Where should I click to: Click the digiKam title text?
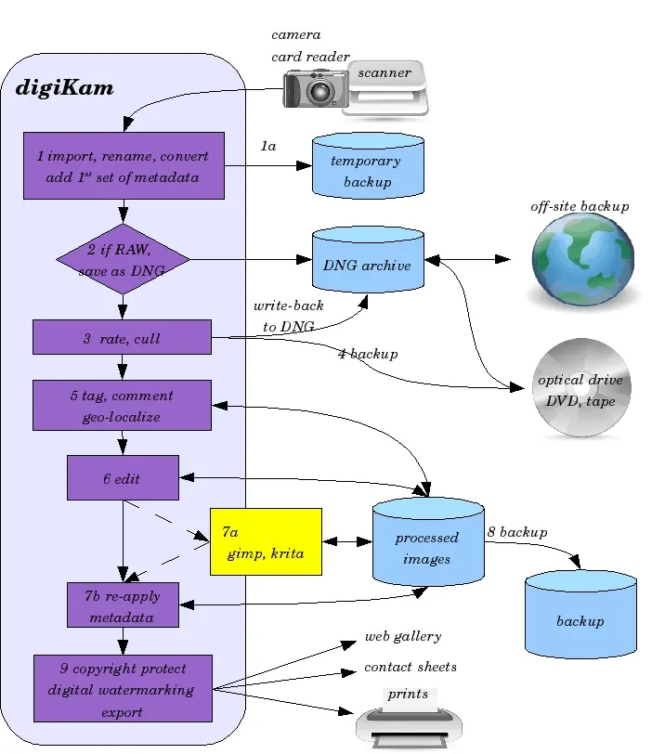coord(65,89)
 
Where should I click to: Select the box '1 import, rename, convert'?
coord(124,166)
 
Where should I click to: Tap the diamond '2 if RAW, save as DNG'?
coord(123,260)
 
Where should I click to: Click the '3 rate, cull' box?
coord(122,337)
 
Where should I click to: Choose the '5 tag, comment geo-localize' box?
coord(122,406)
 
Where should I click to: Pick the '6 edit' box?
coord(123,477)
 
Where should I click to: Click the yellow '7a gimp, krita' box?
coord(266,541)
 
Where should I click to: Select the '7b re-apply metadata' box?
coord(123,605)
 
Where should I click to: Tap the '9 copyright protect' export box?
coord(123,689)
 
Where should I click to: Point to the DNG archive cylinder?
coord(368,264)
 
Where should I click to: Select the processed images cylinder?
coord(427,548)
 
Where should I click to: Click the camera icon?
coord(314,89)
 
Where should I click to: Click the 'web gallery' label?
coord(402,637)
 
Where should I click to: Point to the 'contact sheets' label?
coord(411,667)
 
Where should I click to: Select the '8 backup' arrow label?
coord(517,532)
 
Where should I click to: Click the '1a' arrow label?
coord(268,147)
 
